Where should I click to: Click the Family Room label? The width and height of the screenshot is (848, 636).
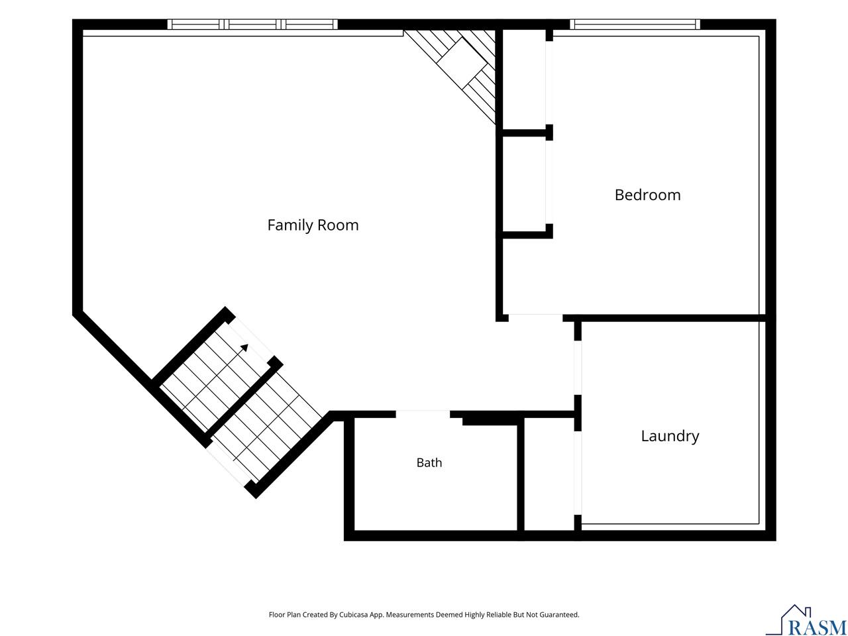tap(313, 225)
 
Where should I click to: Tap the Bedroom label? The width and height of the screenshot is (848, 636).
tap(647, 195)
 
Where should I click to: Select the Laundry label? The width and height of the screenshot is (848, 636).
tap(670, 436)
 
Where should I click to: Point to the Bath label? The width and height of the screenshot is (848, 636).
tap(429, 462)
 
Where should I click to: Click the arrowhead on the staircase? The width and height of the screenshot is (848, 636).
tap(244, 348)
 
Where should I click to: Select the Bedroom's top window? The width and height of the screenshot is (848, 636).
tap(635, 25)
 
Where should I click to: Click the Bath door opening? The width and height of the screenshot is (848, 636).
tap(422, 414)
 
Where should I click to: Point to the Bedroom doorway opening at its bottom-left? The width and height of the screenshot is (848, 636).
tap(535, 318)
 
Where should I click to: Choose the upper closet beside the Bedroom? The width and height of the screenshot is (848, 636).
tap(524, 79)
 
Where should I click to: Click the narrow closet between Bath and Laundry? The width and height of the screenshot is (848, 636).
tap(549, 474)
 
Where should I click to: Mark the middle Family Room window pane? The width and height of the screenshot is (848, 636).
tap(252, 25)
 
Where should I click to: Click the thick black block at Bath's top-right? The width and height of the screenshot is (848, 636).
tap(490, 420)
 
